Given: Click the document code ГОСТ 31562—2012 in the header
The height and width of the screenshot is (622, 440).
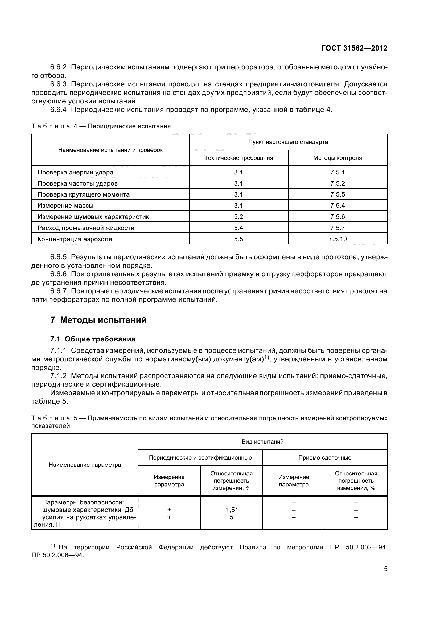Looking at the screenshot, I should tap(354, 48).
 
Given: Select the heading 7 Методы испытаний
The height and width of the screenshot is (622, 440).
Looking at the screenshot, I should tap(98, 320).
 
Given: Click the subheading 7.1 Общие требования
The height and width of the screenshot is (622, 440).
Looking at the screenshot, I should tap(93, 339).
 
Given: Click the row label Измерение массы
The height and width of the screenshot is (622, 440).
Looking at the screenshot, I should tap(65, 206).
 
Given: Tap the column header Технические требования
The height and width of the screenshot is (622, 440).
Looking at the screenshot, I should tap(238, 158).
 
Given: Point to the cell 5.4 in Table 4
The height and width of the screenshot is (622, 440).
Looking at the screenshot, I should tap(238, 228).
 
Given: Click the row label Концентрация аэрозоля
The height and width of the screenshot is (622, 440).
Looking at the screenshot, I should tap(75, 239).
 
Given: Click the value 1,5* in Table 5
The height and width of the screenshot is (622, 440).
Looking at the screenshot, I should tap(231, 510).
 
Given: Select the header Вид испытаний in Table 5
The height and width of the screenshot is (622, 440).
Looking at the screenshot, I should tap(262, 442).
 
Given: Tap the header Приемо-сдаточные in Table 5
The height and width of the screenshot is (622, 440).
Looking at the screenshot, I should tap(324, 458).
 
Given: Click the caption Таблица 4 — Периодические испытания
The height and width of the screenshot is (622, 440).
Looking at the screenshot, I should tap(101, 126).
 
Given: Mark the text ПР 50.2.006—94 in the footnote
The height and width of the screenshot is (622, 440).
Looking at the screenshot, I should tap(57, 555).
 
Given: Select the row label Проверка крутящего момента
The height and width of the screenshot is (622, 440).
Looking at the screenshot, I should tap(84, 194).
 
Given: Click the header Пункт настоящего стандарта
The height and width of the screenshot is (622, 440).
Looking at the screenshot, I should tap(288, 142).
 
